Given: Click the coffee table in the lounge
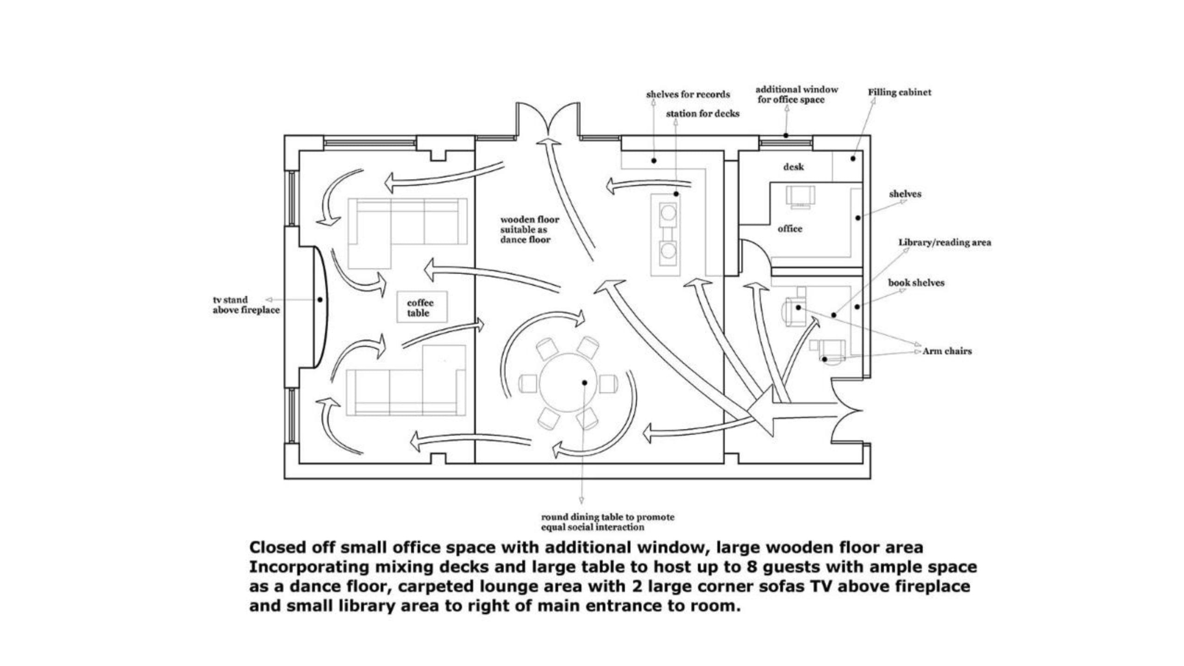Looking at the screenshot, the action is coord(422,307).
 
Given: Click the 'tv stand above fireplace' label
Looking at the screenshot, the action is coord(246,305).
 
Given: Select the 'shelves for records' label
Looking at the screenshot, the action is coord(688,94).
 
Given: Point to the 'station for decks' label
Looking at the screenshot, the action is coord(703,113).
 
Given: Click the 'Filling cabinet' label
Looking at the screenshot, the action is coord(899,92).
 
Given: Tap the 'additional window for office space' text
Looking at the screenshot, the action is coord(796,94).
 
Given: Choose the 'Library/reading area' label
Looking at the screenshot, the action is coord(944,242).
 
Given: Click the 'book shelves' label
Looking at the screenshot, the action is coord(916,283).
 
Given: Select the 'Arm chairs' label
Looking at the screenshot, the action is coord(947,351).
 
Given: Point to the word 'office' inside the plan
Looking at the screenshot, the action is coord(790,228).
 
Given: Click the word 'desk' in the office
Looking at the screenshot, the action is coord(793,166).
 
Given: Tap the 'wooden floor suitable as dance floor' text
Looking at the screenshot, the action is coord(530,229).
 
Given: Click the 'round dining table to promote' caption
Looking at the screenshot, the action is coord(608,517).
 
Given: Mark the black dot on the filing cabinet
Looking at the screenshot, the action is coord(853,159).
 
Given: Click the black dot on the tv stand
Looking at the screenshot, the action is coord(320,300).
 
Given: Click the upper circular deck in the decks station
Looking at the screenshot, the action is coord(668,213).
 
